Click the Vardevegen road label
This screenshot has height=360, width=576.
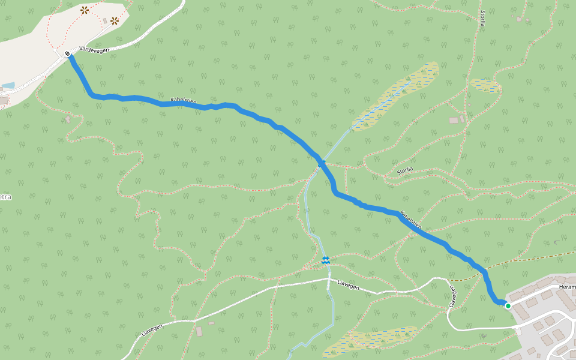[94, 51]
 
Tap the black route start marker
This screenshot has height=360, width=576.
[68, 54]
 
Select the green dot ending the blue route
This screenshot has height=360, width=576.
[508, 305]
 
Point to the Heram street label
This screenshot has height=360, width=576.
[566, 287]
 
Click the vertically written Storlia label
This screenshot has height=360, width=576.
[482, 20]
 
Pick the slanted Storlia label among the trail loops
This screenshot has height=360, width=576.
[405, 171]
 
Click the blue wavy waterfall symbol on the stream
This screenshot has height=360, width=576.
[325, 260]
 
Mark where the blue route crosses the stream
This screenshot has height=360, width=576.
[322, 163]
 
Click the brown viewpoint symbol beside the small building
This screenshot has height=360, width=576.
[114, 20]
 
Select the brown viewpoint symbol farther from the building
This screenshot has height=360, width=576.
[85, 10]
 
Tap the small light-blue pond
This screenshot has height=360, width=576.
[7, 86]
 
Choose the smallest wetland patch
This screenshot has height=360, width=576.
[485, 85]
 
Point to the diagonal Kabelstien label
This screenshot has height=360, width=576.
[411, 220]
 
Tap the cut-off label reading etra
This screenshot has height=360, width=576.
[5, 197]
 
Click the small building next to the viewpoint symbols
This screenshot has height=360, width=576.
[105, 21]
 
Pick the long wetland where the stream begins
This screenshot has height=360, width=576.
[396, 96]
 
